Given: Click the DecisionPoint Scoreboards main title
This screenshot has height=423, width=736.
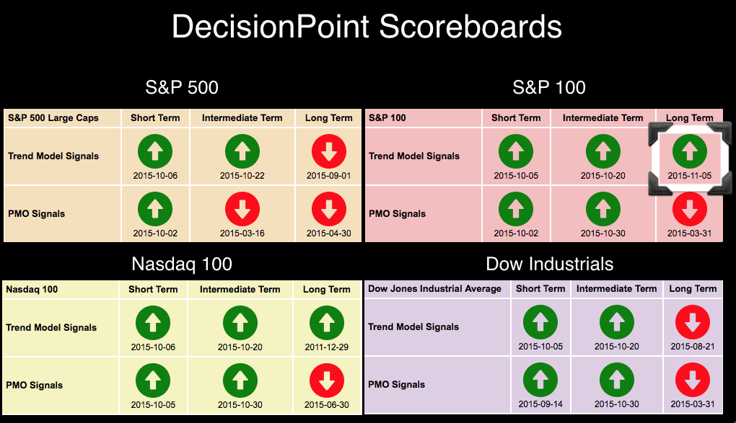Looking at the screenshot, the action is point(367,26).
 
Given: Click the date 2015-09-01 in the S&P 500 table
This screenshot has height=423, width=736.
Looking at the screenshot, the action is point(328,175).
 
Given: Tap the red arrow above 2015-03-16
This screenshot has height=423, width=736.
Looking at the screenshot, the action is point(242,209).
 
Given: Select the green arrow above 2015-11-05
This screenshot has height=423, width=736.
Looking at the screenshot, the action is point(690,151).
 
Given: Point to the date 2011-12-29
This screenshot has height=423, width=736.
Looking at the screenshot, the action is point(327,347).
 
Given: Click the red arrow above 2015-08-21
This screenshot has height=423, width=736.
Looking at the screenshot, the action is point(693,322).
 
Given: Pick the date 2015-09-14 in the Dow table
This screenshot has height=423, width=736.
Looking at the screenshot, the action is point(540,404).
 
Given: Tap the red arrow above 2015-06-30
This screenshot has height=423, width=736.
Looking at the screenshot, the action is point(327,380).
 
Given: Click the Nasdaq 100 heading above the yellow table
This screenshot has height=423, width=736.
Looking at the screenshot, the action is point(182,264).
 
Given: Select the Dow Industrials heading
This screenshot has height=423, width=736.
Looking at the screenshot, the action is point(550,264).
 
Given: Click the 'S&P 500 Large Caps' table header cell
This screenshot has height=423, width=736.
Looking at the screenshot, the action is point(53,117).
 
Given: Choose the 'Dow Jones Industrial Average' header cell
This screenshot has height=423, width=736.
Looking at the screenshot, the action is point(434,288).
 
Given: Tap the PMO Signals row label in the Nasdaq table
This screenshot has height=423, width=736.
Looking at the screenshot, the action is point(34,385).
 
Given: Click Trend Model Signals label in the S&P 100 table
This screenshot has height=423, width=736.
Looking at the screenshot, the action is point(414,156).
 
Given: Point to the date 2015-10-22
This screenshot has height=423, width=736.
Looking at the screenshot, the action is point(242,175).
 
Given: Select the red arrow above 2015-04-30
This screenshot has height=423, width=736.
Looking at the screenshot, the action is point(329,209).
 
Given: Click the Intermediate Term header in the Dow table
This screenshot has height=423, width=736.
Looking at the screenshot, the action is point(617,288).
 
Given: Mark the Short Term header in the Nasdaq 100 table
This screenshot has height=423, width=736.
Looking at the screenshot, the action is point(153,290).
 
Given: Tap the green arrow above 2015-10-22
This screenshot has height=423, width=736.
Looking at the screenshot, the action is point(242,151).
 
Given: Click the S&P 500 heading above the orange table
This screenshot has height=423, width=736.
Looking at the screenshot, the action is point(182,88).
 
